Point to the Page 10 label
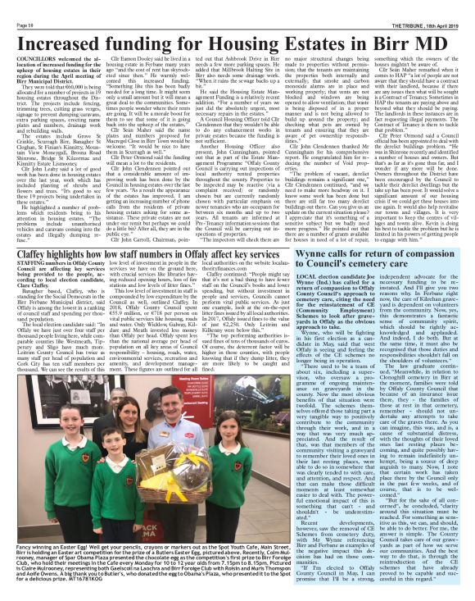click(x=16, y=6)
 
